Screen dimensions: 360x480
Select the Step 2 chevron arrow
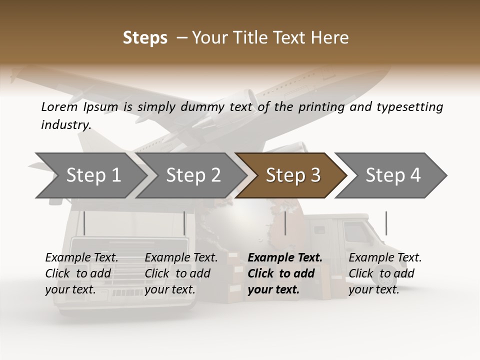[193, 175]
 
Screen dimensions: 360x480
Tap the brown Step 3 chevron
[293, 175]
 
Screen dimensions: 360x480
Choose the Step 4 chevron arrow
[393, 175]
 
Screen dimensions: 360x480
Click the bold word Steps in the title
[145, 38]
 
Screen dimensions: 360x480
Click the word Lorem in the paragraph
[58, 106]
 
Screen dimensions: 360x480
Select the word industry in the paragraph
[65, 124]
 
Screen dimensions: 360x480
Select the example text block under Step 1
[81, 273]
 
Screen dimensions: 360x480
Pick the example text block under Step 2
[181, 273]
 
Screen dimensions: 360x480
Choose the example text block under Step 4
[385, 273]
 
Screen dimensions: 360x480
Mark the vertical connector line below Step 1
[84, 223]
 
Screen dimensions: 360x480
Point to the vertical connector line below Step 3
[285, 223]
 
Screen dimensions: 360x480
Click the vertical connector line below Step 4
[386, 223]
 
